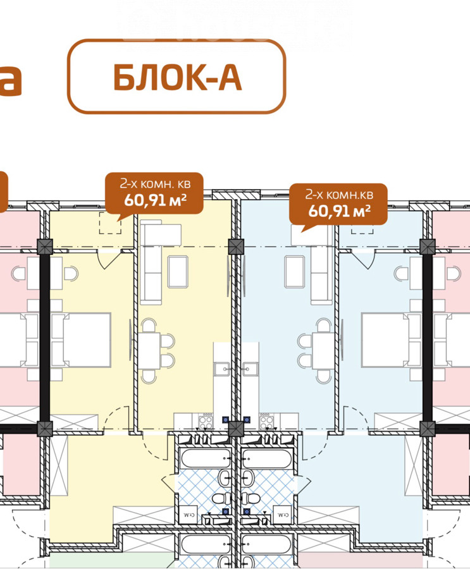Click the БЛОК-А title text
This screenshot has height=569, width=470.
(x=177, y=77)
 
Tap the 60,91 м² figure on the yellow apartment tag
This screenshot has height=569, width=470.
(x=154, y=202)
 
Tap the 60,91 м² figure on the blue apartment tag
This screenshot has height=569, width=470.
(x=338, y=209)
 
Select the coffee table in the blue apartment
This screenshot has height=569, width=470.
(x=295, y=271)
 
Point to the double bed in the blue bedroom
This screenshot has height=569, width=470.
(x=385, y=339)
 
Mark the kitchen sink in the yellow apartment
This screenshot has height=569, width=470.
(x=223, y=367)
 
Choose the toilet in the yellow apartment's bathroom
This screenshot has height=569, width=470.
(x=220, y=499)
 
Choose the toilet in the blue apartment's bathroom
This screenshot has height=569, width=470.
(x=253, y=499)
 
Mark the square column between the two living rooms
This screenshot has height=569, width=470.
(x=236, y=247)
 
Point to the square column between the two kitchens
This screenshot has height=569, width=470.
(x=236, y=429)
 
